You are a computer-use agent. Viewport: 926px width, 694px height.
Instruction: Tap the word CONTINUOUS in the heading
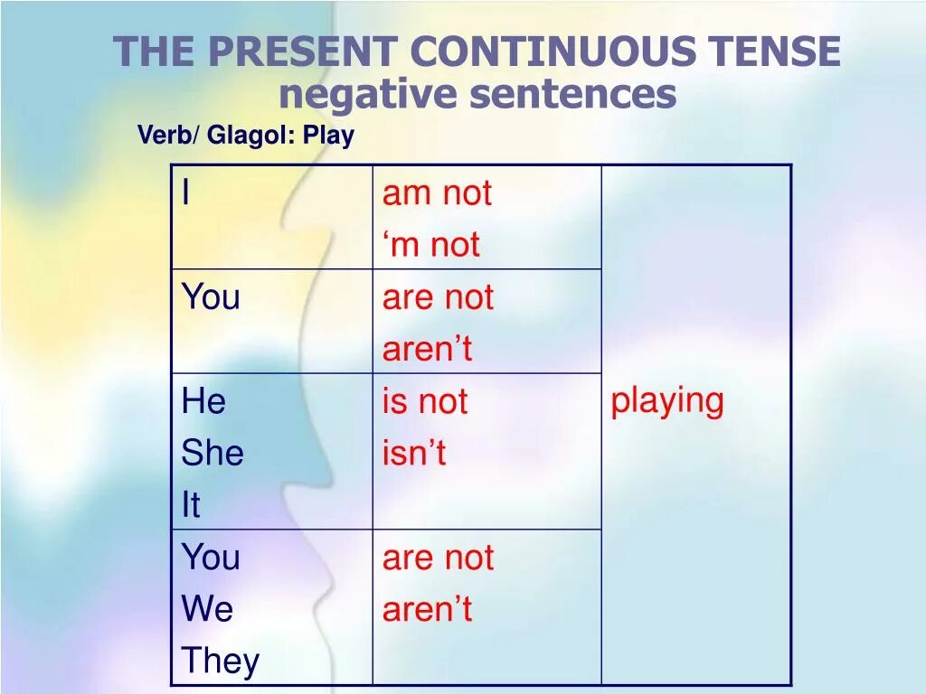coord(554,52)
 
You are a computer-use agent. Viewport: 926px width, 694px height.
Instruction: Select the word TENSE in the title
coord(773,52)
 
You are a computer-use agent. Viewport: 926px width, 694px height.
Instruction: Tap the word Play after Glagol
coord(328,136)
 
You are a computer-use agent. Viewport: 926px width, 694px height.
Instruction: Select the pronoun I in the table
coord(186,192)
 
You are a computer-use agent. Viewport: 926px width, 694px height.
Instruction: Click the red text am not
coord(437,193)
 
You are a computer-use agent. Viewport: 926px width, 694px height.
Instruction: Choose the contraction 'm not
coord(431,245)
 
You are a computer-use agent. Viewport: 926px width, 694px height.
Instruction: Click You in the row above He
coord(211,297)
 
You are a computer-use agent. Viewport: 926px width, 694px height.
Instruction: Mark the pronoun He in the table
coord(203,401)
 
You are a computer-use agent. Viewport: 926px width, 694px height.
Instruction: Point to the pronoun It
coord(190,505)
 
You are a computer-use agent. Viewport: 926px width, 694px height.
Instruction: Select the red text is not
coord(424,401)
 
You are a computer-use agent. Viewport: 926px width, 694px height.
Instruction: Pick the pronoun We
coord(207,610)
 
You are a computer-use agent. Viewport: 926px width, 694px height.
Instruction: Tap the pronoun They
coord(220,661)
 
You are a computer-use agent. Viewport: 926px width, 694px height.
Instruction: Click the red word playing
coord(667,400)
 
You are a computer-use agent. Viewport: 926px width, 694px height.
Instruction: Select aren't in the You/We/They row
coord(427,610)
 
